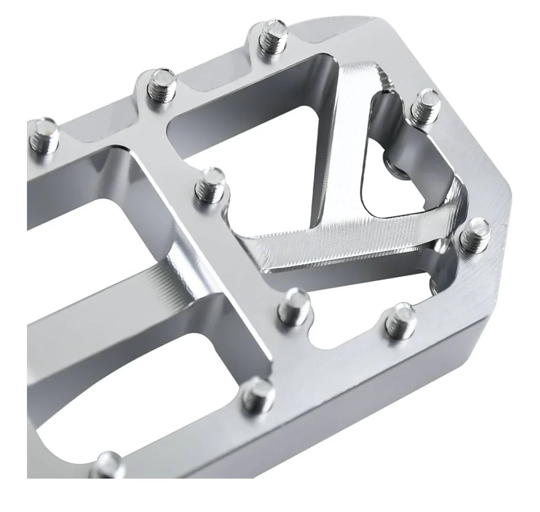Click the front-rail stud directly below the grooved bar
pos(258,390)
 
